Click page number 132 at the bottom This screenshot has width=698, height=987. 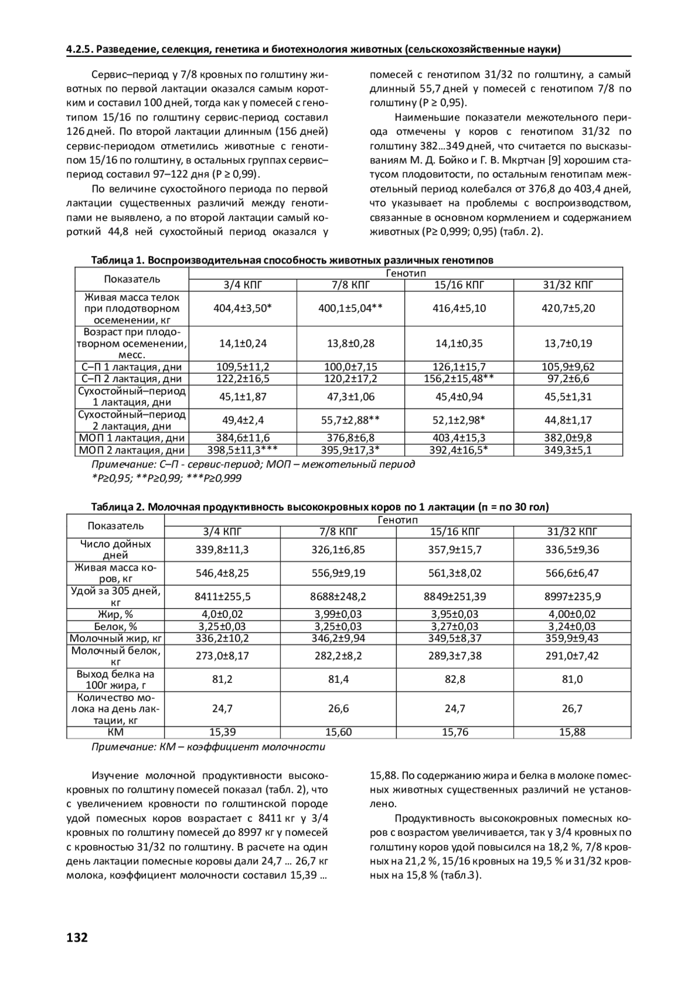(77, 938)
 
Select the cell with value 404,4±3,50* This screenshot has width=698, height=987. (243, 308)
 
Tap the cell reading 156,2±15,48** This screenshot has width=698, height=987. (460, 379)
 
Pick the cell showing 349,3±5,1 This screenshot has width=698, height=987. (568, 450)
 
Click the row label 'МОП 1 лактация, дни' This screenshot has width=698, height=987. (132, 438)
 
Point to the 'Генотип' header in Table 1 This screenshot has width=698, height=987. (406, 273)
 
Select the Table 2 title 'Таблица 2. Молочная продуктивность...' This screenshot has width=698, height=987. (320, 507)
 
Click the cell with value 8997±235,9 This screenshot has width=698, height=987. (572, 596)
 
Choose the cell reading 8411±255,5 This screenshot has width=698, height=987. (222, 596)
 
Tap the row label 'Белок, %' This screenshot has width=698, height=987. (115, 626)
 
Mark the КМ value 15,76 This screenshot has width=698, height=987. (455, 732)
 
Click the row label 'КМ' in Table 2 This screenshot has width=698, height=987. (115, 732)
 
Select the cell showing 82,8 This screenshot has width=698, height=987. (455, 679)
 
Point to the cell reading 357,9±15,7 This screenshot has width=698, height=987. (455, 550)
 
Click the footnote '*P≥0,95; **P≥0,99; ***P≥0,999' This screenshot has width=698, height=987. (166, 478)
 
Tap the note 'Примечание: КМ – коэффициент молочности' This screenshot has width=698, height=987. (208, 747)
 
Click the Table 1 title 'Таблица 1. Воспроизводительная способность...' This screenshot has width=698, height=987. (292, 260)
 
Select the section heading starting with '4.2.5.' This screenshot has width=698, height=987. (314, 49)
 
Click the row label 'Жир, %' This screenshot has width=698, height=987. (115, 614)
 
